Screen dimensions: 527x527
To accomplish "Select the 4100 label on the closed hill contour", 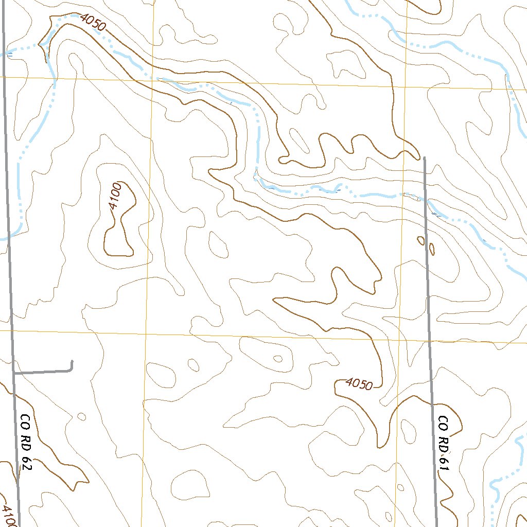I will (114, 196).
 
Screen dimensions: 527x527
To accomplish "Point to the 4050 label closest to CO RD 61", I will (359, 383).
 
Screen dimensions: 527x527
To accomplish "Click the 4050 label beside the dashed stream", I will (93, 23).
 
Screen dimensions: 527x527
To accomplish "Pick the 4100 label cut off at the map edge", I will (7, 515).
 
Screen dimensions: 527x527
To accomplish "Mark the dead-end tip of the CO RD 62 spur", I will (72, 362).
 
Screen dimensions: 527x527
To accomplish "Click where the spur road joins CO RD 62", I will (14, 372).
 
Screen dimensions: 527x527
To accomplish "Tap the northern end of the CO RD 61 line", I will (425, 158).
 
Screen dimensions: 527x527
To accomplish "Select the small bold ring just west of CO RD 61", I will (421, 240).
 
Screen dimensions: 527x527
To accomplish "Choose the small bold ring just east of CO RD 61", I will (432, 249).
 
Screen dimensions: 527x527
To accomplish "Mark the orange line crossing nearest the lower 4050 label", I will (400, 340).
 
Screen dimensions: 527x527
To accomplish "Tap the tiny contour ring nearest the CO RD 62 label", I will (81, 416).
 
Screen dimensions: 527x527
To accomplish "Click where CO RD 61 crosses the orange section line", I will (429, 341).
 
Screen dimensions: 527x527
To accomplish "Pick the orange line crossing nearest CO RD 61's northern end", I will (406, 85).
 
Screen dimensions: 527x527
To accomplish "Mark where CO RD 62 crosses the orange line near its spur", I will (12, 330).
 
